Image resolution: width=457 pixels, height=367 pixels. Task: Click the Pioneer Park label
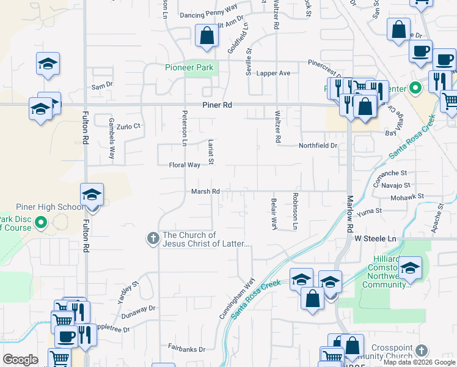click(x=191, y=68)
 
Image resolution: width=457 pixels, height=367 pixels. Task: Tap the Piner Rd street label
click(x=218, y=105)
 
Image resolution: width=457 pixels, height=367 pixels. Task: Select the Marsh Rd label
click(x=205, y=191)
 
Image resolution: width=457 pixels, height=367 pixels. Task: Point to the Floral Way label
click(x=185, y=165)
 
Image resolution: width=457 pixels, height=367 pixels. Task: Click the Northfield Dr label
click(x=318, y=146)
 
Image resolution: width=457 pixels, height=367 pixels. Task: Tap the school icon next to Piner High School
click(x=92, y=195)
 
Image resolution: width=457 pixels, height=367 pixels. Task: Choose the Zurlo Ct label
click(x=129, y=126)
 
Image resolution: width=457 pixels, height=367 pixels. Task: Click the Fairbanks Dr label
click(x=187, y=349)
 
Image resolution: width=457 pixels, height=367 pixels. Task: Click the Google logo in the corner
click(x=20, y=360)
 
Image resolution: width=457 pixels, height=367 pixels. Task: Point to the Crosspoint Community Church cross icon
click(x=421, y=350)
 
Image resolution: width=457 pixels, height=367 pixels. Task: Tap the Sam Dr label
click(x=102, y=86)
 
